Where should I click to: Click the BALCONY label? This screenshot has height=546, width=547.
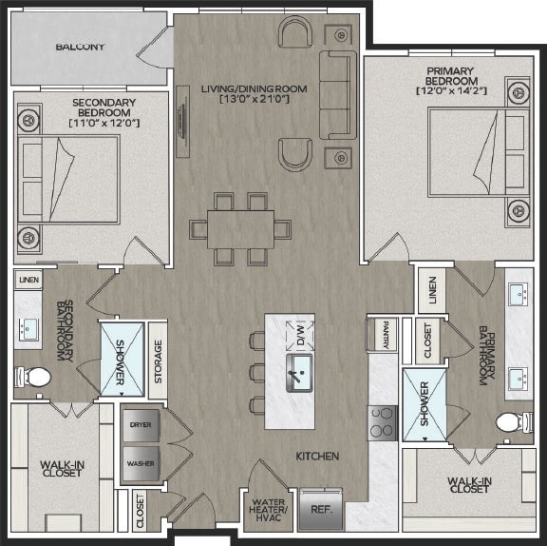(x=80, y=47)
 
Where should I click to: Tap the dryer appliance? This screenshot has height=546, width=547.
(x=141, y=425)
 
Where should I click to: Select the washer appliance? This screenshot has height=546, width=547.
(x=141, y=463)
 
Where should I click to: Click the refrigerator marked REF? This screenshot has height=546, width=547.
(x=321, y=509)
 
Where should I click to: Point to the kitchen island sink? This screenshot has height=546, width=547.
(x=299, y=373)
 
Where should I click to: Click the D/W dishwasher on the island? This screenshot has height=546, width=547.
(x=300, y=336)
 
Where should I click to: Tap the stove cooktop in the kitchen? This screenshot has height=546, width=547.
(x=383, y=423)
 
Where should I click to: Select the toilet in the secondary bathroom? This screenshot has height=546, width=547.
(x=33, y=377)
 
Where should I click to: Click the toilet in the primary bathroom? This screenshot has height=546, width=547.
(x=515, y=422)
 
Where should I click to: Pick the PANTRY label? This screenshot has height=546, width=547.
(x=386, y=335)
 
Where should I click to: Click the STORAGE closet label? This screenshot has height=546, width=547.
(x=158, y=361)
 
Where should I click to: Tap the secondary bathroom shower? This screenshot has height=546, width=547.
(x=123, y=360)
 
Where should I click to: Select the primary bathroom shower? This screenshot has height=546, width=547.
(x=424, y=404)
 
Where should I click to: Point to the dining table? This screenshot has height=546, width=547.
(x=240, y=229)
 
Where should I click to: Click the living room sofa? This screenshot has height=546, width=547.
(x=338, y=95)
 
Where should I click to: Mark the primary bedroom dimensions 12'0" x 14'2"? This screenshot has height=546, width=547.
(x=451, y=90)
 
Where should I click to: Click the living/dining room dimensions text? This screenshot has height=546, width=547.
(x=255, y=99)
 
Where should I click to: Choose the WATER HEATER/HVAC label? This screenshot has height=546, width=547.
(x=268, y=510)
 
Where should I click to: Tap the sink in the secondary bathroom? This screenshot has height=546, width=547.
(x=28, y=329)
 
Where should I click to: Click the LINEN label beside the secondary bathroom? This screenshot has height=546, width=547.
(x=28, y=280)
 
